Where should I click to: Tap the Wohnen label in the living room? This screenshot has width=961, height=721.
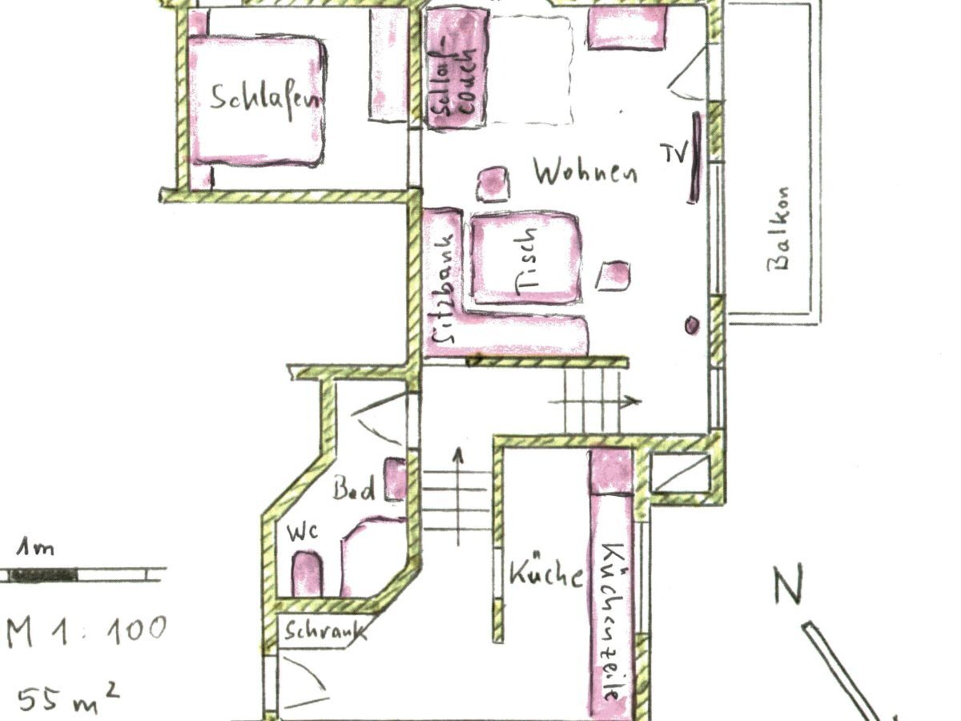tap(585, 172)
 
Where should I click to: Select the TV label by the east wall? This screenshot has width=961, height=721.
tap(674, 152)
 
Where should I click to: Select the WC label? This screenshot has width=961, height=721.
tap(302, 532)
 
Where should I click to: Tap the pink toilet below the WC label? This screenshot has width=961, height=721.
tap(306, 574)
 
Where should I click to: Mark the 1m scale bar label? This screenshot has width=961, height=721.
tap(36, 548)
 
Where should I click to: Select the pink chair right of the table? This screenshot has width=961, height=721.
tap(613, 276)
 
